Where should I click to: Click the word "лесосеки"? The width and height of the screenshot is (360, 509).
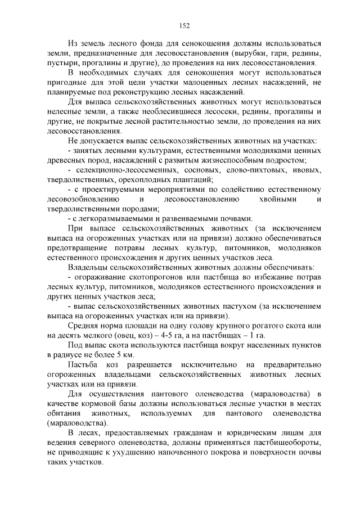click(x=203, y=111)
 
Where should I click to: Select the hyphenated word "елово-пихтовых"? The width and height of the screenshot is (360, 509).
click(x=250, y=170)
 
